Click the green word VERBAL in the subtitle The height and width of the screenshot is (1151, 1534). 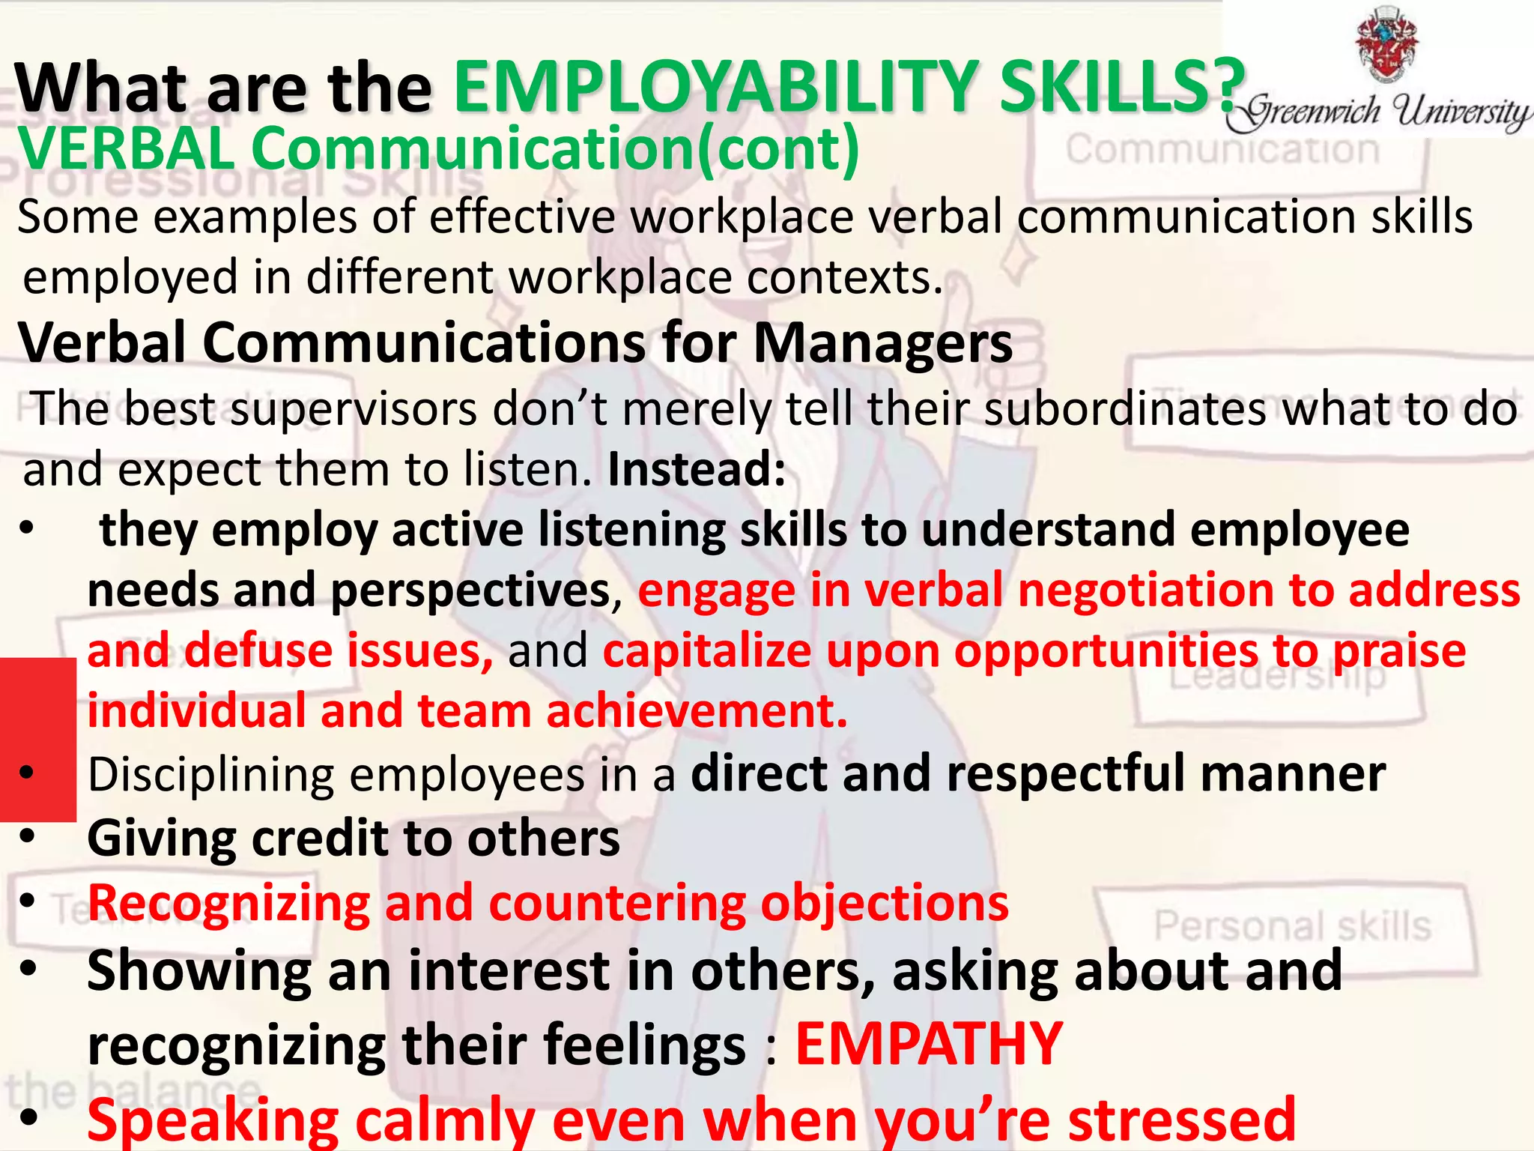[x=127, y=148]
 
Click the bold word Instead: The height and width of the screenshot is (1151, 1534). [x=697, y=469]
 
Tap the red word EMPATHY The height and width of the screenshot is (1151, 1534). [x=929, y=1044]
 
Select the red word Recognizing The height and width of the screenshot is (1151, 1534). [x=228, y=903]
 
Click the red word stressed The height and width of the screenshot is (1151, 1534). [x=1181, y=1120]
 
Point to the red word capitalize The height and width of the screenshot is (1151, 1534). [x=707, y=650]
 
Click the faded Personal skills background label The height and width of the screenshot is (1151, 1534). [x=1292, y=926]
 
